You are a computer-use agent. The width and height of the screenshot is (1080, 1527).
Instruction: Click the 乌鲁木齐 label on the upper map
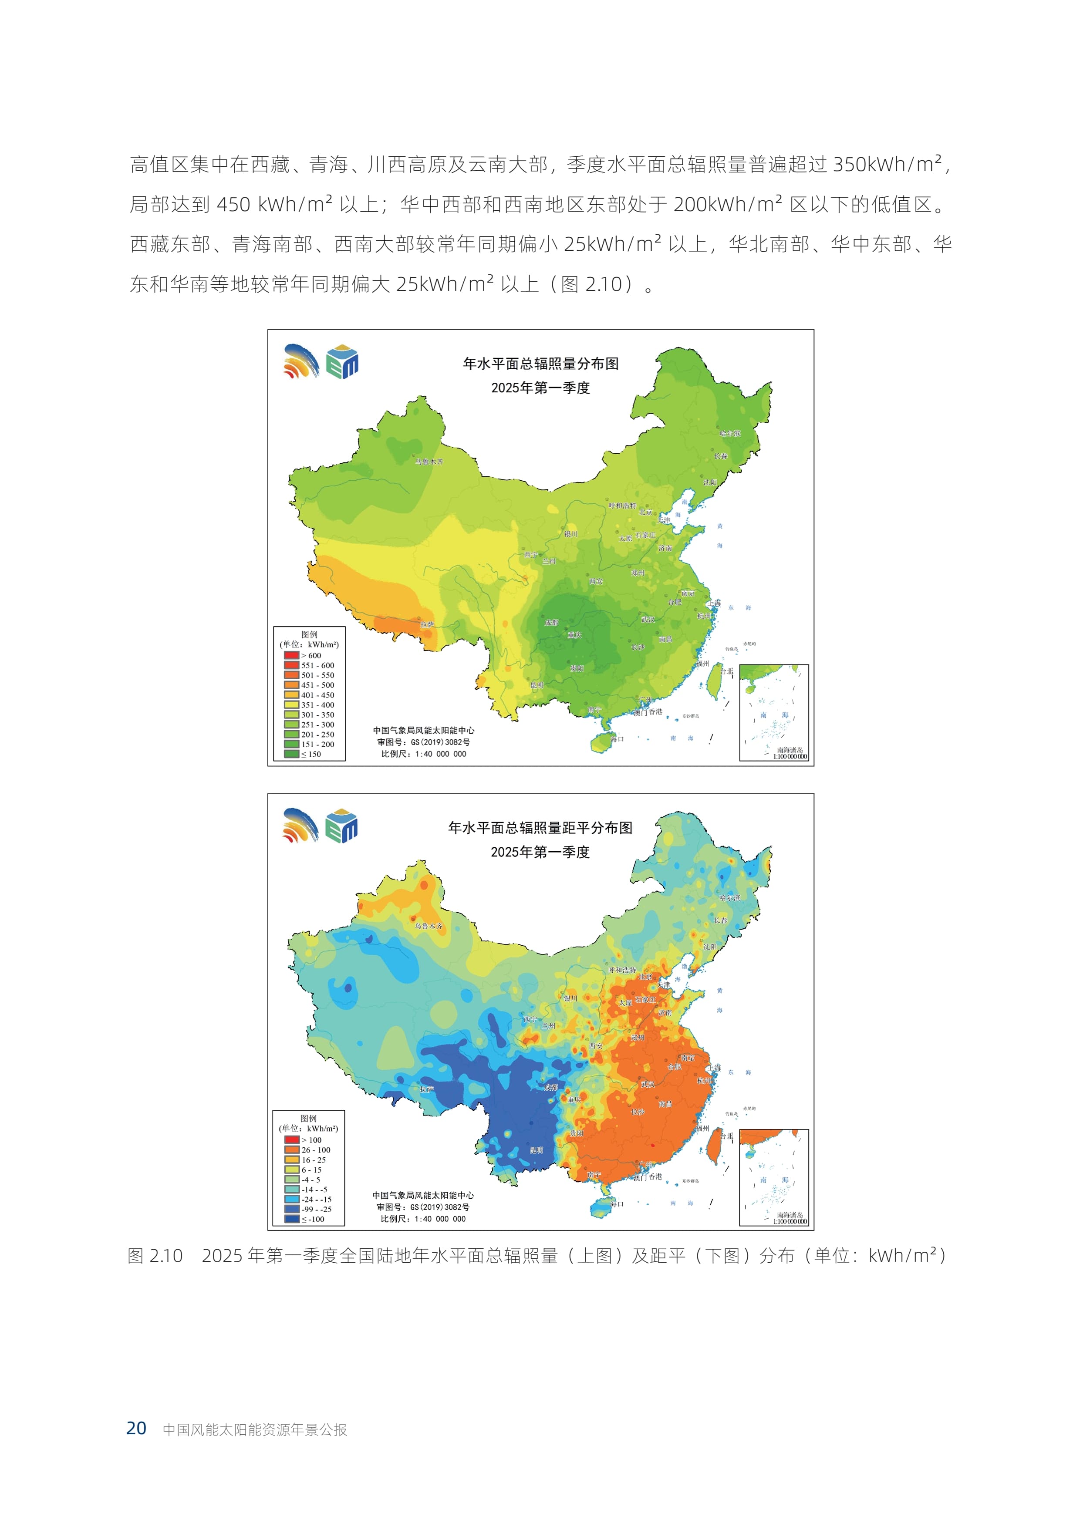tap(429, 461)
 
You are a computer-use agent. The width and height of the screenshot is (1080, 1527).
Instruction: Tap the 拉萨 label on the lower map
tap(426, 1089)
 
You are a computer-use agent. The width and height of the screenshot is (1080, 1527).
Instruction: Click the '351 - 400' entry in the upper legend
tap(317, 705)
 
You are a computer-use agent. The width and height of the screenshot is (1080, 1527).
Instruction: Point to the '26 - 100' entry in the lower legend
tap(315, 1150)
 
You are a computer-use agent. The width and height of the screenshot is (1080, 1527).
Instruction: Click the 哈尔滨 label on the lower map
tap(729, 897)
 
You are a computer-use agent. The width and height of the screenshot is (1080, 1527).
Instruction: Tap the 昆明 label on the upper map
tap(536, 685)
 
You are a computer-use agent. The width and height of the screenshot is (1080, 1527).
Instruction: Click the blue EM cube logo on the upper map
tap(342, 362)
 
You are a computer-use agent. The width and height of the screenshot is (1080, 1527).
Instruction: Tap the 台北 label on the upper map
tap(726, 672)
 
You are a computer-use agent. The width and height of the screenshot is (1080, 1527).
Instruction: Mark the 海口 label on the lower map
tap(617, 1204)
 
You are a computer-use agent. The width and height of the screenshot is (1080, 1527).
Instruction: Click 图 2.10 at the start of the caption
tap(155, 1256)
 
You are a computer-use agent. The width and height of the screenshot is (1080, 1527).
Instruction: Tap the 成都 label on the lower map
tap(550, 1087)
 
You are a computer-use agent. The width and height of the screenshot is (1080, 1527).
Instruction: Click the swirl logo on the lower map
tap(300, 826)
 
